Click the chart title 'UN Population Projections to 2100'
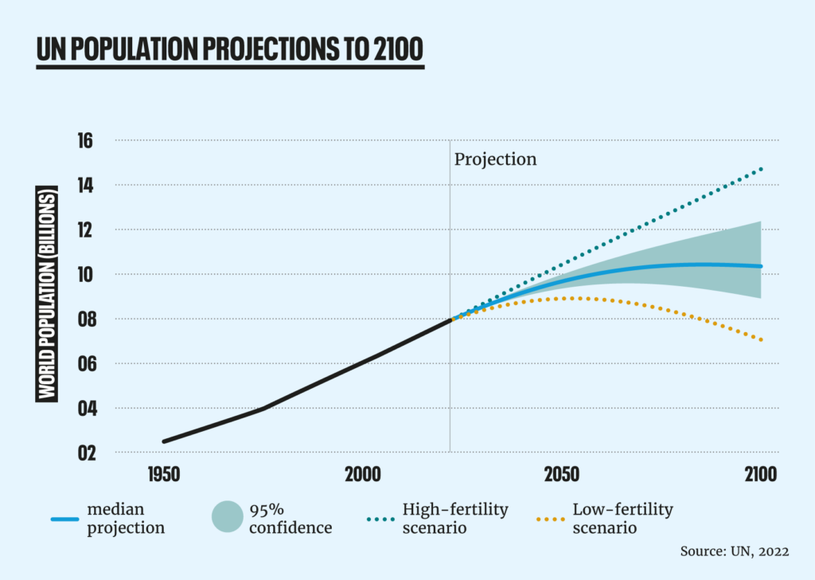coord(229,50)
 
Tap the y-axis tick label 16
coord(84,141)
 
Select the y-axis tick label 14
coord(84,186)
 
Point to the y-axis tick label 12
coord(84,230)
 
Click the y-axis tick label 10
coord(84,275)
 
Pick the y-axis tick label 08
coord(84,319)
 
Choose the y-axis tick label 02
coord(84,453)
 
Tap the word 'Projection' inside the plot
coord(495,159)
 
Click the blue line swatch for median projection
coord(64,519)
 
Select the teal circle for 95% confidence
coord(227,517)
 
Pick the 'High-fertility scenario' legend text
coord(455,518)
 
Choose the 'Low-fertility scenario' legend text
coord(623,518)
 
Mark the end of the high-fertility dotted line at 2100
coord(762,169)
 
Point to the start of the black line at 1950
coord(164,441)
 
